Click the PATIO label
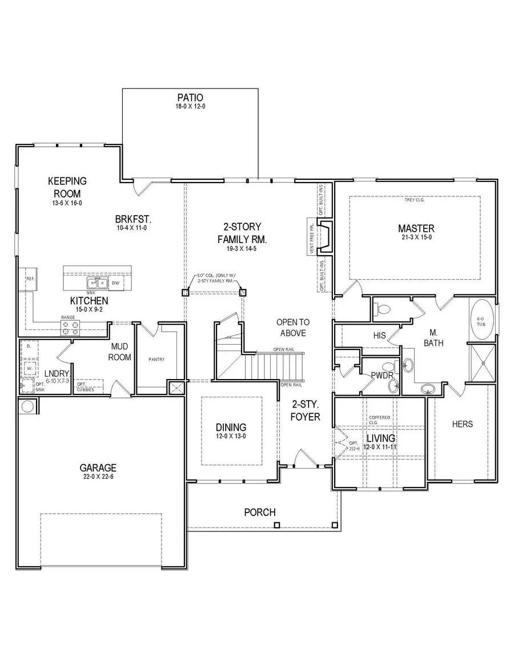pyautogui.click(x=190, y=98)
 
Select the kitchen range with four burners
pyautogui.click(x=71, y=327)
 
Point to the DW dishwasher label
pyautogui.click(x=116, y=283)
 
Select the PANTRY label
pyautogui.click(x=156, y=360)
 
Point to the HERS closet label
pyautogui.click(x=462, y=424)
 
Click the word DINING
pyautogui.click(x=231, y=427)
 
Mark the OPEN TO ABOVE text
pyautogui.click(x=292, y=328)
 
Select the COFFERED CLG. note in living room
pyautogui.click(x=380, y=420)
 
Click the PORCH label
pyautogui.click(x=260, y=512)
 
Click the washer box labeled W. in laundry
pyautogui.click(x=29, y=368)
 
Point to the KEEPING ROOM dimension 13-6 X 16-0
pyautogui.click(x=67, y=203)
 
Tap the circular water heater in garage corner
pyautogui.click(x=27, y=406)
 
